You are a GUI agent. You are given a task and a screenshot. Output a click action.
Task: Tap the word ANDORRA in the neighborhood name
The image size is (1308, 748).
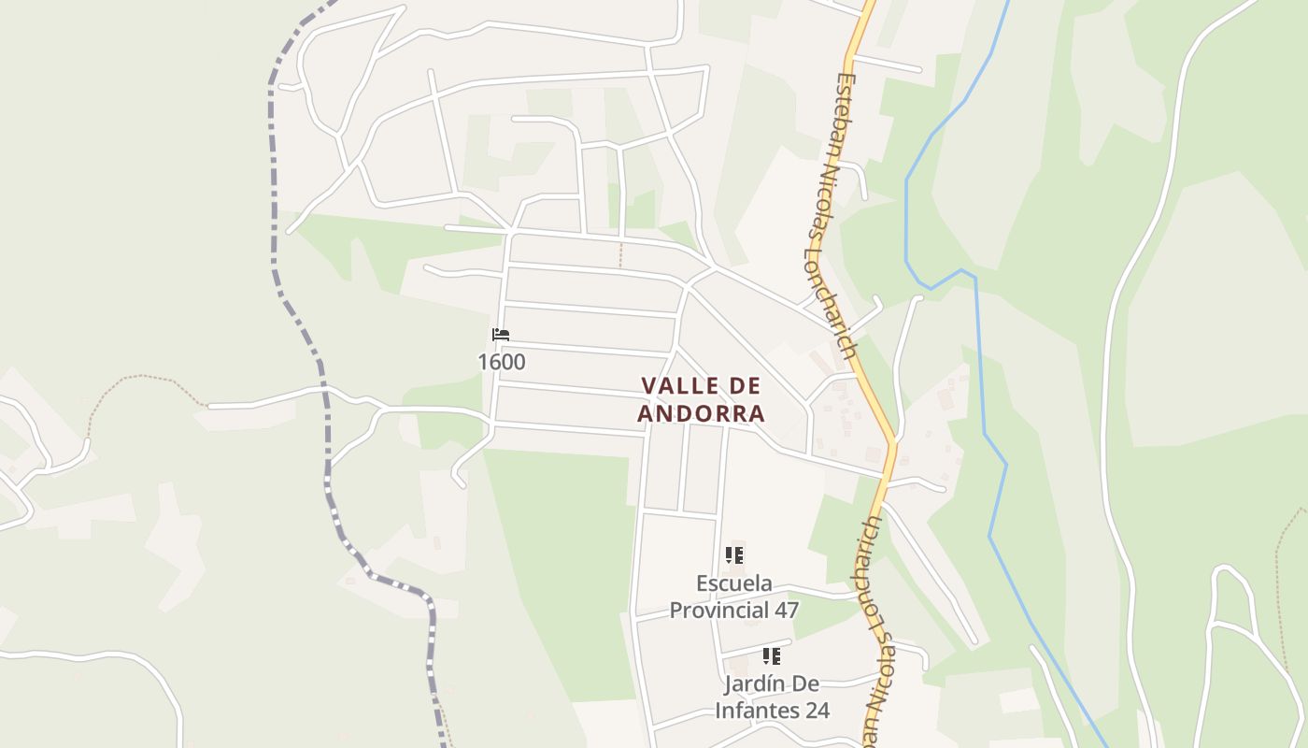pyautogui.click(x=702, y=413)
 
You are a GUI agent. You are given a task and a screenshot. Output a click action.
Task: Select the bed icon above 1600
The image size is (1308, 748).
pyautogui.click(x=501, y=335)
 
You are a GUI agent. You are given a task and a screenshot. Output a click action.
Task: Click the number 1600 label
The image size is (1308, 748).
pyautogui.click(x=502, y=362)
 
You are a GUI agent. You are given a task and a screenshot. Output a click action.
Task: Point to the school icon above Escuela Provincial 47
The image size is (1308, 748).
pyautogui.click(x=734, y=555)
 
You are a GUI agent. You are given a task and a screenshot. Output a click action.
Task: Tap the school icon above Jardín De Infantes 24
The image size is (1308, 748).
pyautogui.click(x=772, y=656)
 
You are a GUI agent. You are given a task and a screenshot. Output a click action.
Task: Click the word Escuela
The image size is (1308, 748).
pyautogui.click(x=734, y=583)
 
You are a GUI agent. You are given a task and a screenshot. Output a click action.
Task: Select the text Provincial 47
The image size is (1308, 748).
pyautogui.click(x=734, y=611)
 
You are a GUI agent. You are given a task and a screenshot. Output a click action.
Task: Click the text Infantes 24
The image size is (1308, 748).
pyautogui.click(x=773, y=711)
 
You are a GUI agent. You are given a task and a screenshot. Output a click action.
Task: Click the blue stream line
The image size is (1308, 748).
pyautogui.click(x=981, y=374)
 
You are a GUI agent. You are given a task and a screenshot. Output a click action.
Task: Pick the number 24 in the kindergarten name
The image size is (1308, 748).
pyautogui.click(x=816, y=711)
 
